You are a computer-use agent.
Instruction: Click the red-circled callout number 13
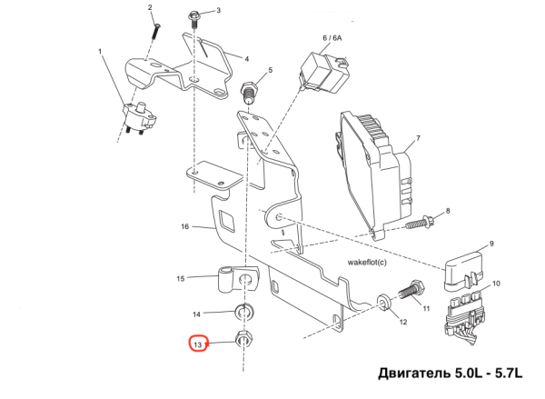click(198, 344)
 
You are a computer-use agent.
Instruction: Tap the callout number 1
click(100, 52)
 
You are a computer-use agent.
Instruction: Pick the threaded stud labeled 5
click(246, 94)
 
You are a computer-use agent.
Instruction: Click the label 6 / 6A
click(332, 38)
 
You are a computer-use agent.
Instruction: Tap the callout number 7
click(419, 139)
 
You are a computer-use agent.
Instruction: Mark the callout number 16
click(183, 226)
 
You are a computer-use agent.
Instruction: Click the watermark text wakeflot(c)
click(367, 261)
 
